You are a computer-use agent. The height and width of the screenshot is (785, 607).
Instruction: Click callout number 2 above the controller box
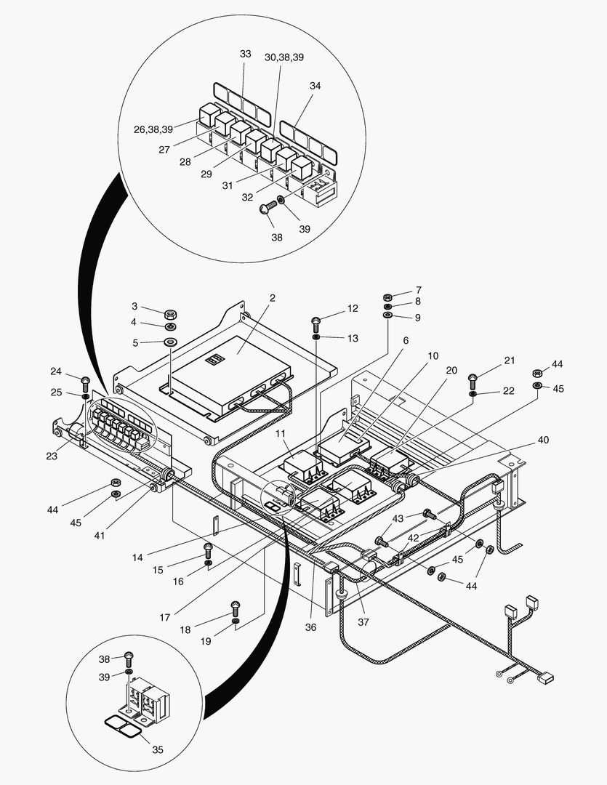(x=272, y=298)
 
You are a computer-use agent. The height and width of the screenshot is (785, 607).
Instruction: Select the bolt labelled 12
(x=316, y=321)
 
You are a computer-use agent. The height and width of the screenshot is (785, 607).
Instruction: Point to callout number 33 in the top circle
(x=245, y=55)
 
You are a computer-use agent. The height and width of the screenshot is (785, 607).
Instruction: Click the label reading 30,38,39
(x=284, y=57)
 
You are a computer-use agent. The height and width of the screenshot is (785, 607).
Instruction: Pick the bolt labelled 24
(x=85, y=380)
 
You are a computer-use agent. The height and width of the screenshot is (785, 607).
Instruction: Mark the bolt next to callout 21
(x=472, y=378)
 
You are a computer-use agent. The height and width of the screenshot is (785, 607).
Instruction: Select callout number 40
(x=543, y=440)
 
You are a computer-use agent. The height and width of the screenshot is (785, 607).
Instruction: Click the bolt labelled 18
(x=235, y=605)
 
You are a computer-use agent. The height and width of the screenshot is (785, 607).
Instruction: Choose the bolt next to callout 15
(x=208, y=548)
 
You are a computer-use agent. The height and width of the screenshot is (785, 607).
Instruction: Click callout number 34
(x=315, y=86)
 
